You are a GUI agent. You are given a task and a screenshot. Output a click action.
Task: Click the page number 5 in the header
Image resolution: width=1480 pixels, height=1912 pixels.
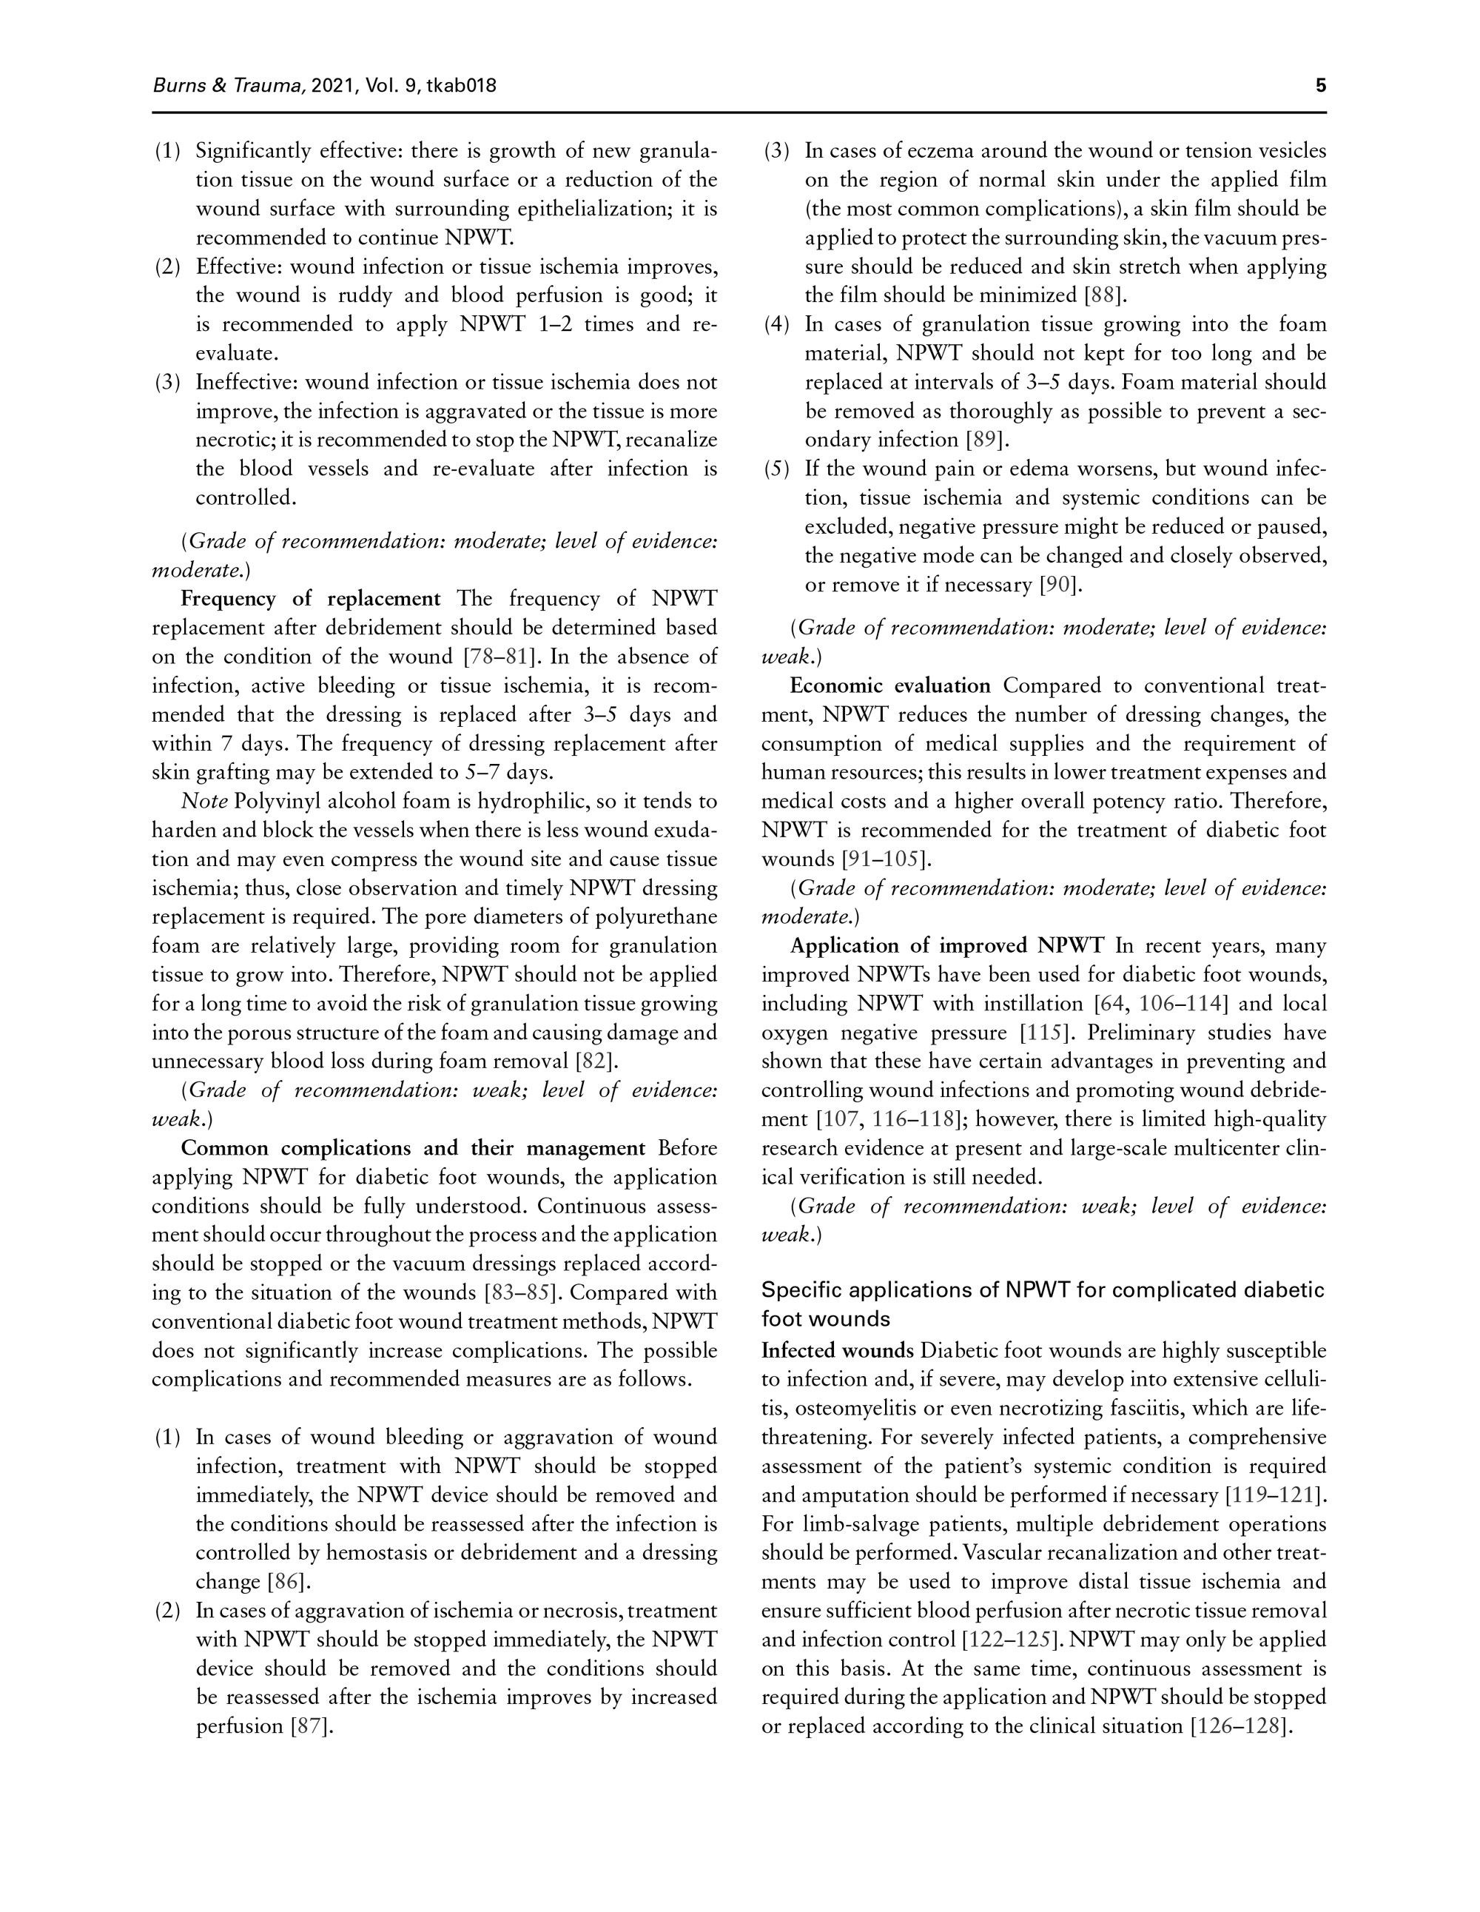(x=1321, y=86)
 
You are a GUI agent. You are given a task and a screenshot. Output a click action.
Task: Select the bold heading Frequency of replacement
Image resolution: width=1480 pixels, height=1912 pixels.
(x=311, y=599)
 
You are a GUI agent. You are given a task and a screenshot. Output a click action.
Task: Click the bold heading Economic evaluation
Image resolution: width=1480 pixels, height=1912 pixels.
(x=890, y=685)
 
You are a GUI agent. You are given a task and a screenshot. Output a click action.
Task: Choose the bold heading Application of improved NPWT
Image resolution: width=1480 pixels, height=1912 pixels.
(x=947, y=945)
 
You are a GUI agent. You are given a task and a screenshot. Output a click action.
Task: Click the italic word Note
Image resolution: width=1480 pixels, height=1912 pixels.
(x=205, y=801)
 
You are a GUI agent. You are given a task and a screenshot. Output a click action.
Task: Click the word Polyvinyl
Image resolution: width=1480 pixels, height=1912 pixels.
(x=274, y=801)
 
